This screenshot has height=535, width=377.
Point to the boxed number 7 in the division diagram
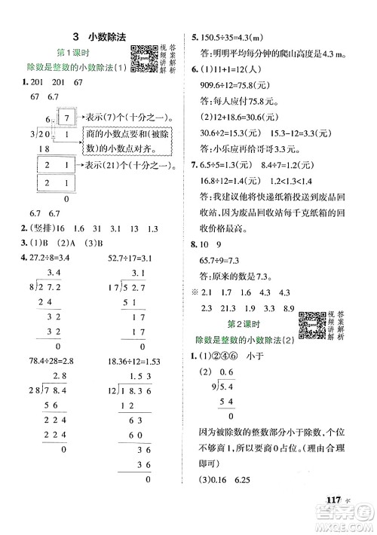pos(69,116)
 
